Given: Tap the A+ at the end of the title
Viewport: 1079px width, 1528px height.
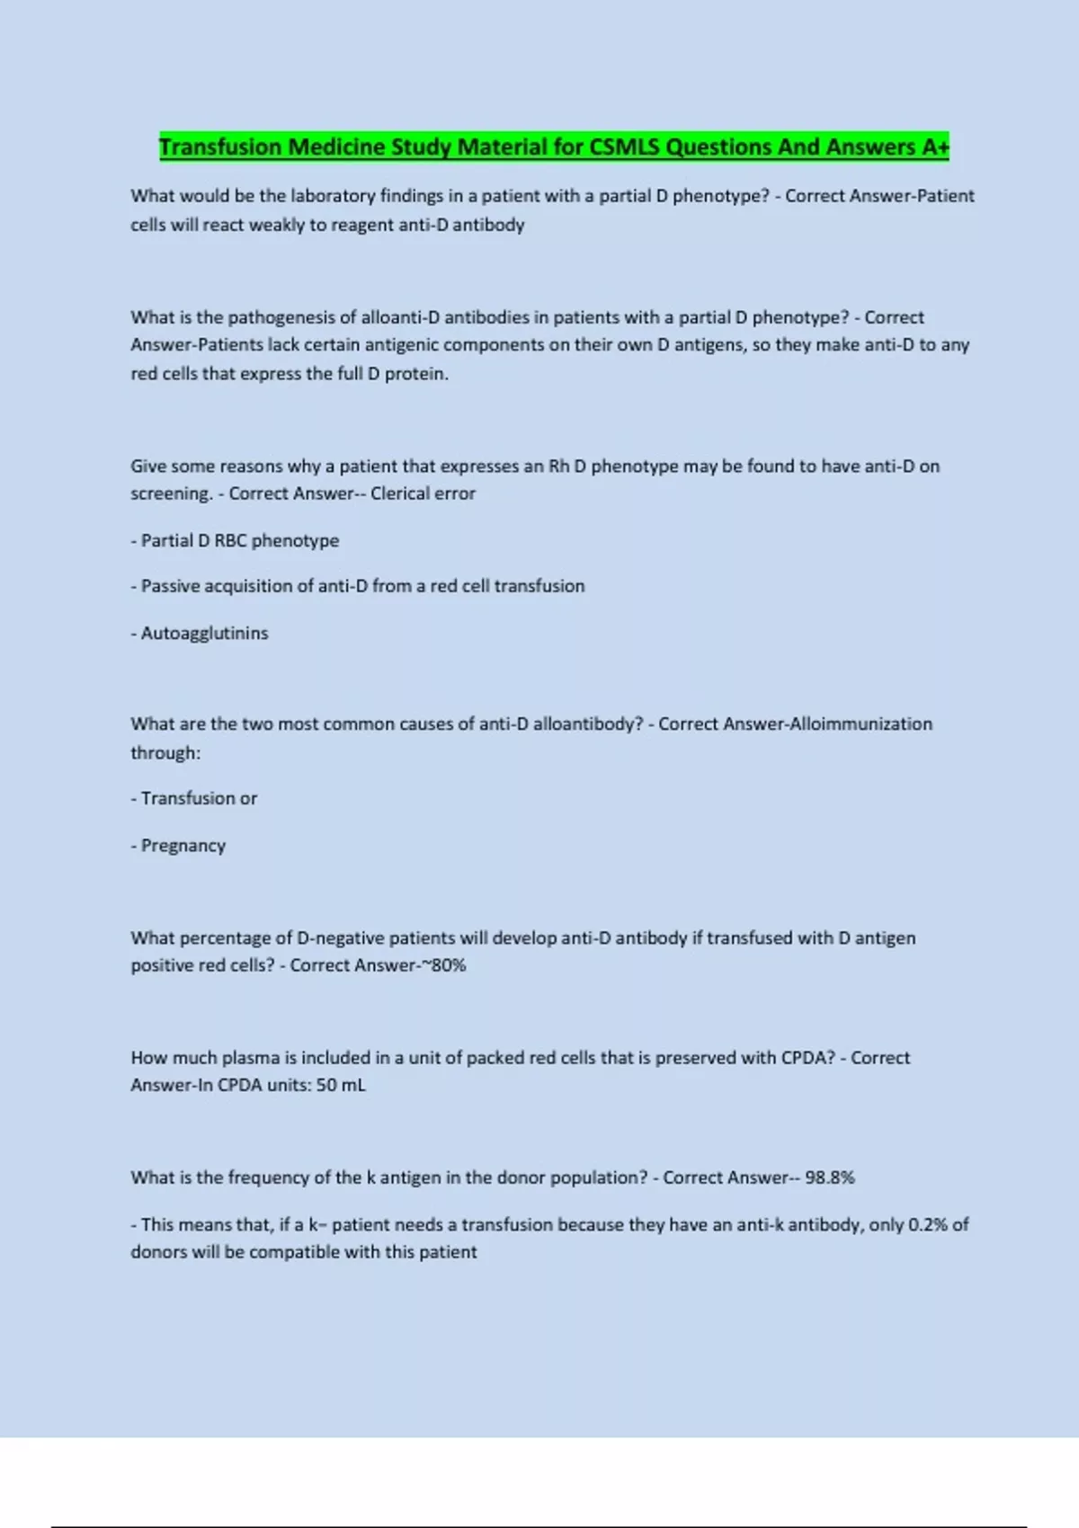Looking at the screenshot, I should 935,147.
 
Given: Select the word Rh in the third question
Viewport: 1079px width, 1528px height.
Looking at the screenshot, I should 558,466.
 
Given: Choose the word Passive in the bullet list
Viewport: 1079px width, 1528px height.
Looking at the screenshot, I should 170,586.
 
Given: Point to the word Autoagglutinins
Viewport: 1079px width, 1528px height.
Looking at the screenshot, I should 204,633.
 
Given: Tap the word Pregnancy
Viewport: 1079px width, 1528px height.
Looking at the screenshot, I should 183,846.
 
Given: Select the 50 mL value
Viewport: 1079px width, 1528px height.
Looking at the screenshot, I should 341,1085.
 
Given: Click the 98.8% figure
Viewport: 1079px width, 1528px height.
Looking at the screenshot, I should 830,1177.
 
